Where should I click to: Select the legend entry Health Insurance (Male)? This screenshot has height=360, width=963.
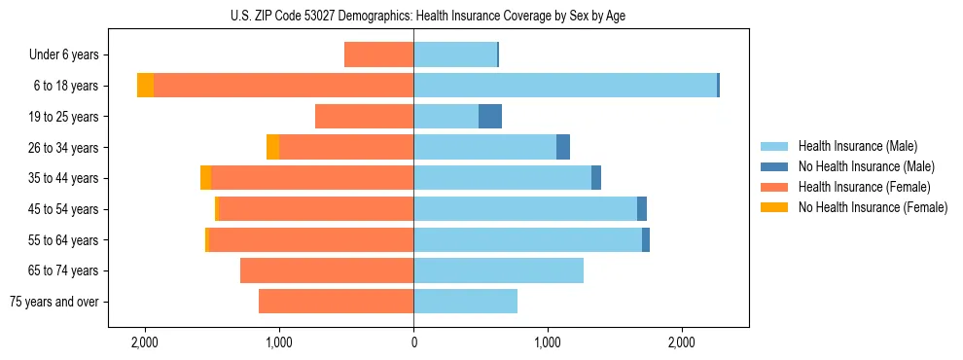coord(856,146)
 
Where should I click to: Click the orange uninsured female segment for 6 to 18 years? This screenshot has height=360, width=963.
coord(145,86)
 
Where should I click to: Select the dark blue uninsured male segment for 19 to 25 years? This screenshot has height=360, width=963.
coord(490,117)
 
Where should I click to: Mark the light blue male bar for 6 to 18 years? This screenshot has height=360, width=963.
coord(565,86)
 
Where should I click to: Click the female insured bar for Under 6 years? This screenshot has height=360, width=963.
coord(378,55)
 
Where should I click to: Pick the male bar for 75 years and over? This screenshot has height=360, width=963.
coord(465,302)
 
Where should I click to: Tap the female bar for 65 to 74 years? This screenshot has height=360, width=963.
coord(327,270)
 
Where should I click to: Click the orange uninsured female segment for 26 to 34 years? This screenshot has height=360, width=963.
coord(272,147)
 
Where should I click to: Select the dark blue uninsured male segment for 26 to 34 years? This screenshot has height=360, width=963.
coord(563,147)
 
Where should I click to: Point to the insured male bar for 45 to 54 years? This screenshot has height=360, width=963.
coord(525,209)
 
